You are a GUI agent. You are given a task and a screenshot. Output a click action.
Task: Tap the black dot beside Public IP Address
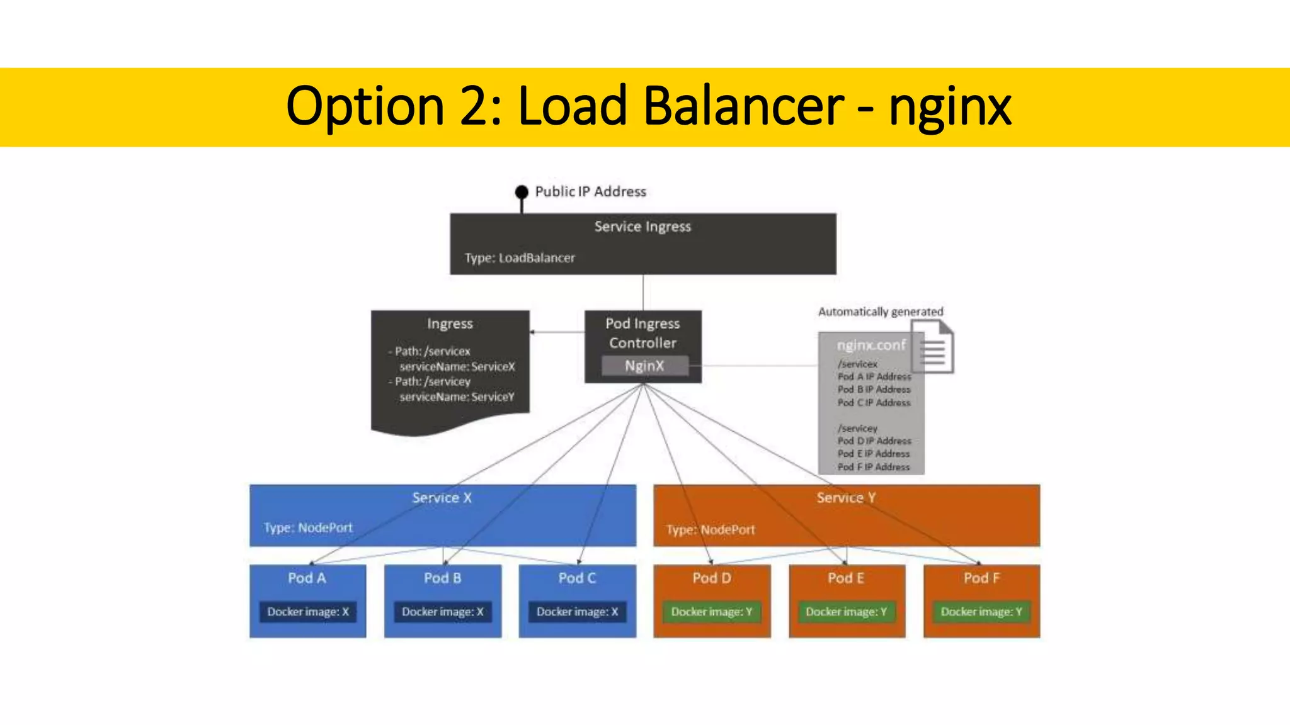(x=522, y=191)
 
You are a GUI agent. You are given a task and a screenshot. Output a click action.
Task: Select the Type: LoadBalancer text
(x=520, y=258)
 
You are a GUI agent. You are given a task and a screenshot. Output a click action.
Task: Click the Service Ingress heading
(x=642, y=227)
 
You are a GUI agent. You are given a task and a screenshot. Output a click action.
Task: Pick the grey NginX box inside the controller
(x=644, y=366)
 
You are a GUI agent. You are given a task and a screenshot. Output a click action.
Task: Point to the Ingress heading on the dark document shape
(x=450, y=324)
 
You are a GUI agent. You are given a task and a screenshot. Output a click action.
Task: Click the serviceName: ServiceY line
(x=457, y=397)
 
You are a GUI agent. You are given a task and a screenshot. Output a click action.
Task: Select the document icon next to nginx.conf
(x=933, y=346)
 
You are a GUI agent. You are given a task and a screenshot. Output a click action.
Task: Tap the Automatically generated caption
(x=881, y=312)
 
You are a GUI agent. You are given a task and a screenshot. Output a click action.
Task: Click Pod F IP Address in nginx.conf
(x=874, y=467)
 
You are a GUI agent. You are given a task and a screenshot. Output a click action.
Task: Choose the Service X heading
(x=442, y=498)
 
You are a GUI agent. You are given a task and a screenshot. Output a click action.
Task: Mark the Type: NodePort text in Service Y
(x=711, y=530)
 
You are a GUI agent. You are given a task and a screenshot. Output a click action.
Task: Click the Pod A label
(x=307, y=578)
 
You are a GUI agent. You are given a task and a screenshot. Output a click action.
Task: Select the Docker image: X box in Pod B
(x=442, y=612)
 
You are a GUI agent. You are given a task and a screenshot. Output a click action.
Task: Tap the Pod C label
(x=577, y=578)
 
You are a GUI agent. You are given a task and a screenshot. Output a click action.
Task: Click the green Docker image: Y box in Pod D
(x=712, y=612)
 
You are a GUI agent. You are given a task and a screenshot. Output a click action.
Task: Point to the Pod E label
(x=846, y=578)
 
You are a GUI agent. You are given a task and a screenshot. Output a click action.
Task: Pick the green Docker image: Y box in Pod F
(x=981, y=612)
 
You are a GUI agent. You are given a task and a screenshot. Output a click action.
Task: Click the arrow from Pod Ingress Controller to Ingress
(x=557, y=332)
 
